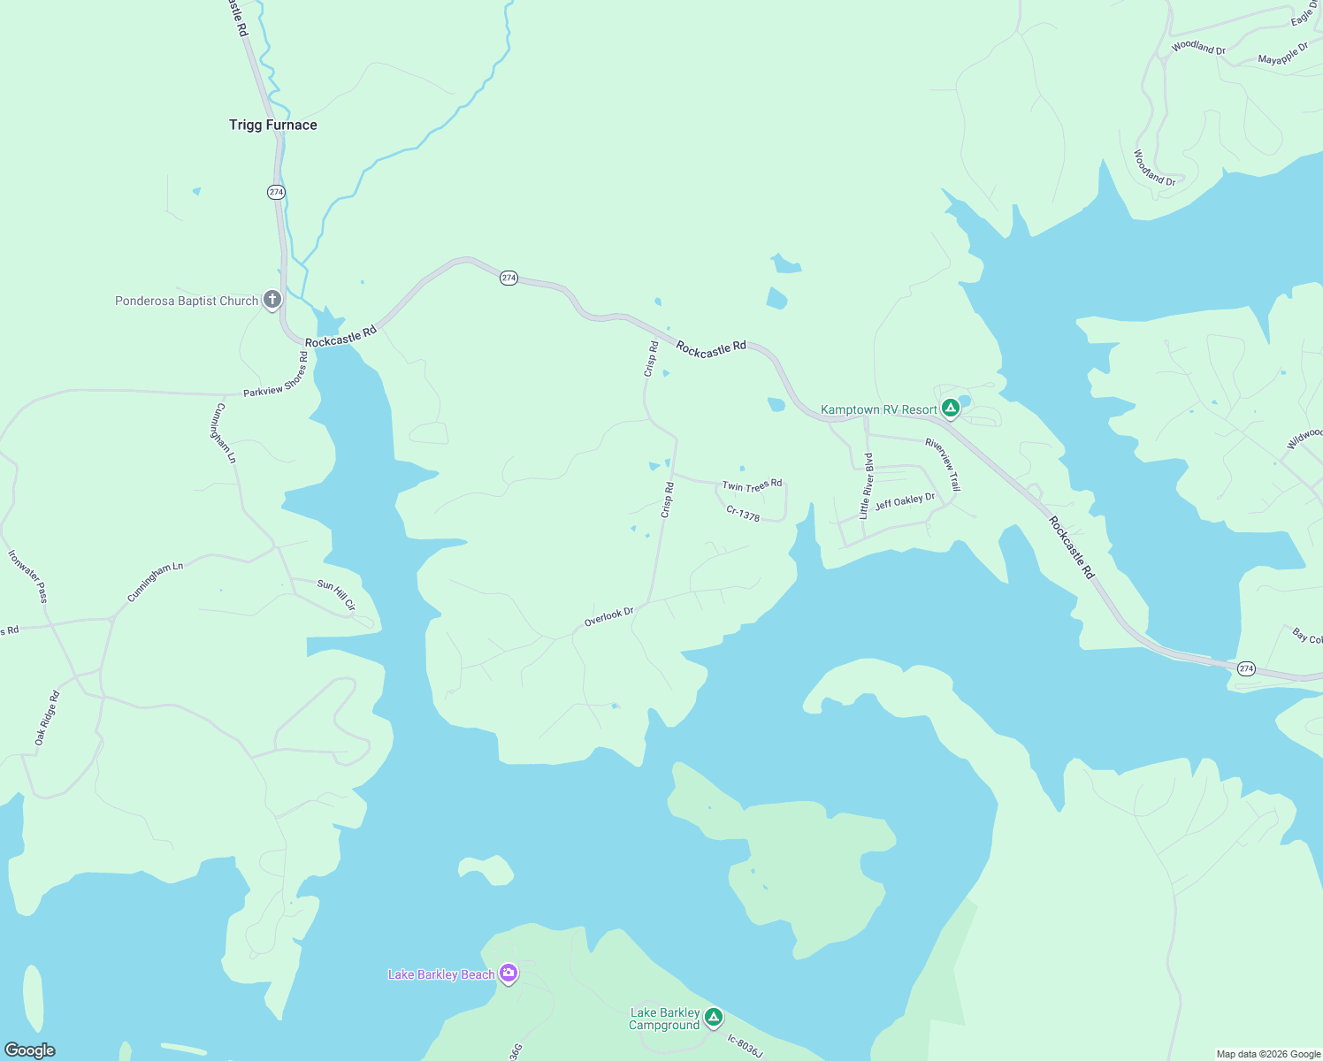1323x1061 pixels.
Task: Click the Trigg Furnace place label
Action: pyautogui.click(x=272, y=125)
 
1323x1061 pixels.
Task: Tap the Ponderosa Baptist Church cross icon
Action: pyautogui.click(x=272, y=300)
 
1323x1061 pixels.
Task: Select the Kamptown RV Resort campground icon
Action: pyautogui.click(x=951, y=408)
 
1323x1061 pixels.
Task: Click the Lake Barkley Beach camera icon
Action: pyautogui.click(x=508, y=973)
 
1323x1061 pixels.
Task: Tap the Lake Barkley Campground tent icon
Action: pyautogui.click(x=714, y=1017)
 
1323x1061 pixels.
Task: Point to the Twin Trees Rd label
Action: pyautogui.click(x=752, y=485)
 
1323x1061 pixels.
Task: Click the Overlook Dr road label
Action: pyautogui.click(x=609, y=616)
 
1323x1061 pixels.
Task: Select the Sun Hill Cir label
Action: pyautogui.click(x=336, y=594)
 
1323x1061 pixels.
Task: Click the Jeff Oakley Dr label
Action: pyautogui.click(x=905, y=501)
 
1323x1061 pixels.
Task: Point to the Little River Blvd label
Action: pyautogui.click(x=867, y=485)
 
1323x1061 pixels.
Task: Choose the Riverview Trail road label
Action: pyautogui.click(x=943, y=464)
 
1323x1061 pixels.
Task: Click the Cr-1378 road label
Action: pyautogui.click(x=743, y=514)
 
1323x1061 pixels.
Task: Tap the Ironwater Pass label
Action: pyautogui.click(x=27, y=576)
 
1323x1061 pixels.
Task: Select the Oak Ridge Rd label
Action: pyautogui.click(x=47, y=718)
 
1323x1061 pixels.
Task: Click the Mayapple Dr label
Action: pyautogui.click(x=1282, y=55)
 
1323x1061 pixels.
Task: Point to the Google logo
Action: pyautogui.click(x=29, y=1050)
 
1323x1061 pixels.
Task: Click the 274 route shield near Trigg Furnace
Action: pyautogui.click(x=276, y=192)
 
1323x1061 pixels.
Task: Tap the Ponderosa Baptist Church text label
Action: pyautogui.click(x=187, y=301)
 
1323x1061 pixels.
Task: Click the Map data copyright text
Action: pyautogui.click(x=1268, y=1054)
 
